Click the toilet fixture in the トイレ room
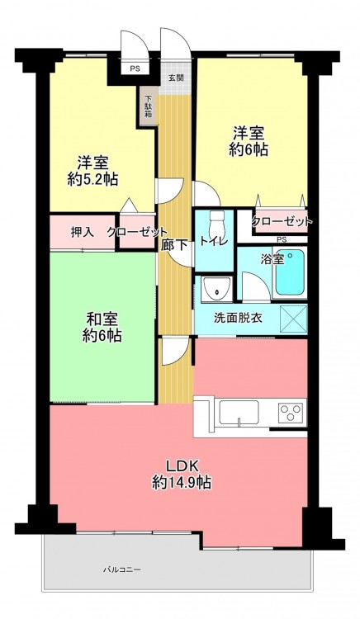[x=216, y=223]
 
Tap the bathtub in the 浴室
[x=290, y=272]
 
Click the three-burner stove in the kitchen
[x=292, y=413]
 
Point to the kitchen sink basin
[x=239, y=413]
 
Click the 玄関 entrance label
[x=176, y=78]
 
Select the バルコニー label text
[x=122, y=570]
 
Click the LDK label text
[x=182, y=466]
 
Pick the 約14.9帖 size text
[x=181, y=482]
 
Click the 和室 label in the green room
[x=102, y=319]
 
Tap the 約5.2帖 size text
[x=92, y=180]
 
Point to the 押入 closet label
[x=82, y=233]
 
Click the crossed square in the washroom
[x=293, y=319]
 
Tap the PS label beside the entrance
[x=135, y=69]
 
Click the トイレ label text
[x=214, y=242]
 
